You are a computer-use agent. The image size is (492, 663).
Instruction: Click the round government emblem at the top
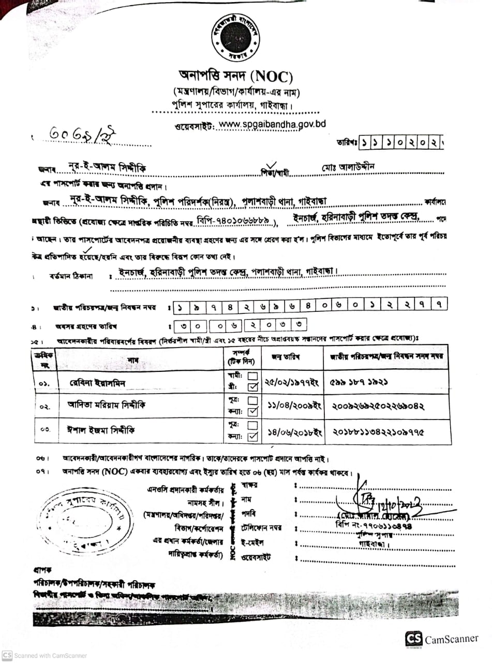click(236, 38)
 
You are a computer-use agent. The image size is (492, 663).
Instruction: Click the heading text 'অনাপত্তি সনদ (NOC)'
click(236, 78)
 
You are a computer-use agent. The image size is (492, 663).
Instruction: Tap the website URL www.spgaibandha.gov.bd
click(272, 124)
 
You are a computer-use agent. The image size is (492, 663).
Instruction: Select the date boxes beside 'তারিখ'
click(400, 141)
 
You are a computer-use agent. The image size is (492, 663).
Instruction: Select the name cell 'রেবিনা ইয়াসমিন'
click(98, 383)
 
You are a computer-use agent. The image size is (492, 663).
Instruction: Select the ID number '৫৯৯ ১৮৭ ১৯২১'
click(359, 382)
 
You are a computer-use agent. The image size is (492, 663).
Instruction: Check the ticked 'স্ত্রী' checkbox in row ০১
click(253, 387)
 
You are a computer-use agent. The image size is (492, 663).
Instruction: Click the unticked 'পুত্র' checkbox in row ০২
click(253, 400)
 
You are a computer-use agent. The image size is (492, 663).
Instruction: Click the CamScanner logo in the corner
click(414, 639)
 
